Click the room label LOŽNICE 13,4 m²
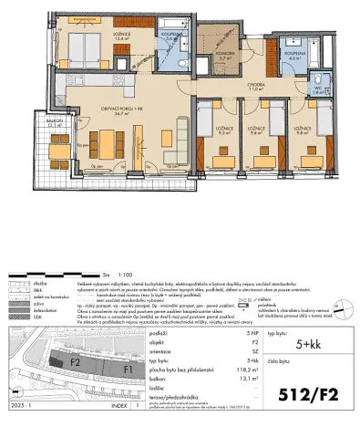[x=95, y=36]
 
